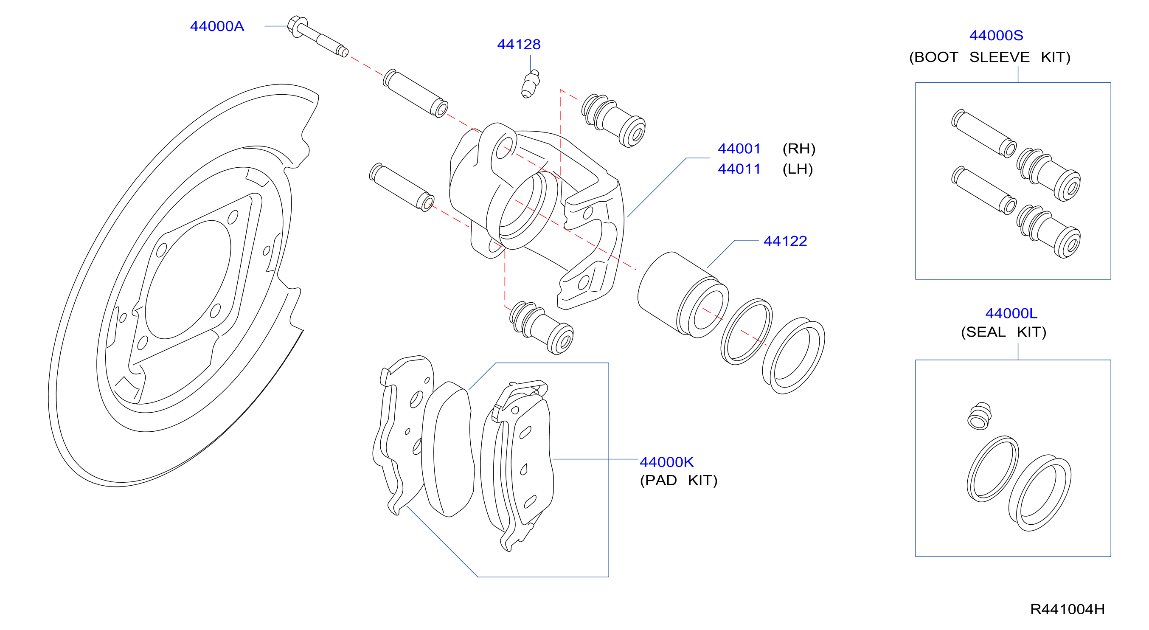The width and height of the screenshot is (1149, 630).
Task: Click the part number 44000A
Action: coord(217,26)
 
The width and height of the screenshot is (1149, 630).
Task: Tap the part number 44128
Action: coord(519,45)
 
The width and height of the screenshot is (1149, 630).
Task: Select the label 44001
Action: coord(739,149)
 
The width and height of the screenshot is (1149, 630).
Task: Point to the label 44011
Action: coord(739,169)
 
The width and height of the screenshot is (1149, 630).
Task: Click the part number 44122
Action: coord(785,242)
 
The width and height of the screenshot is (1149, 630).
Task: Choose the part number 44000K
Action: coord(666,462)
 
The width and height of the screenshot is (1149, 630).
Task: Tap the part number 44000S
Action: coord(996,36)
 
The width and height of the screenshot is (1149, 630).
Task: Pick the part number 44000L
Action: coord(1011,314)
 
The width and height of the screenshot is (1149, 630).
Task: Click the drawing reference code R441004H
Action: coord(1068,609)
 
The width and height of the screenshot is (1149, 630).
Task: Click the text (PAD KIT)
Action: coord(678,481)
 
